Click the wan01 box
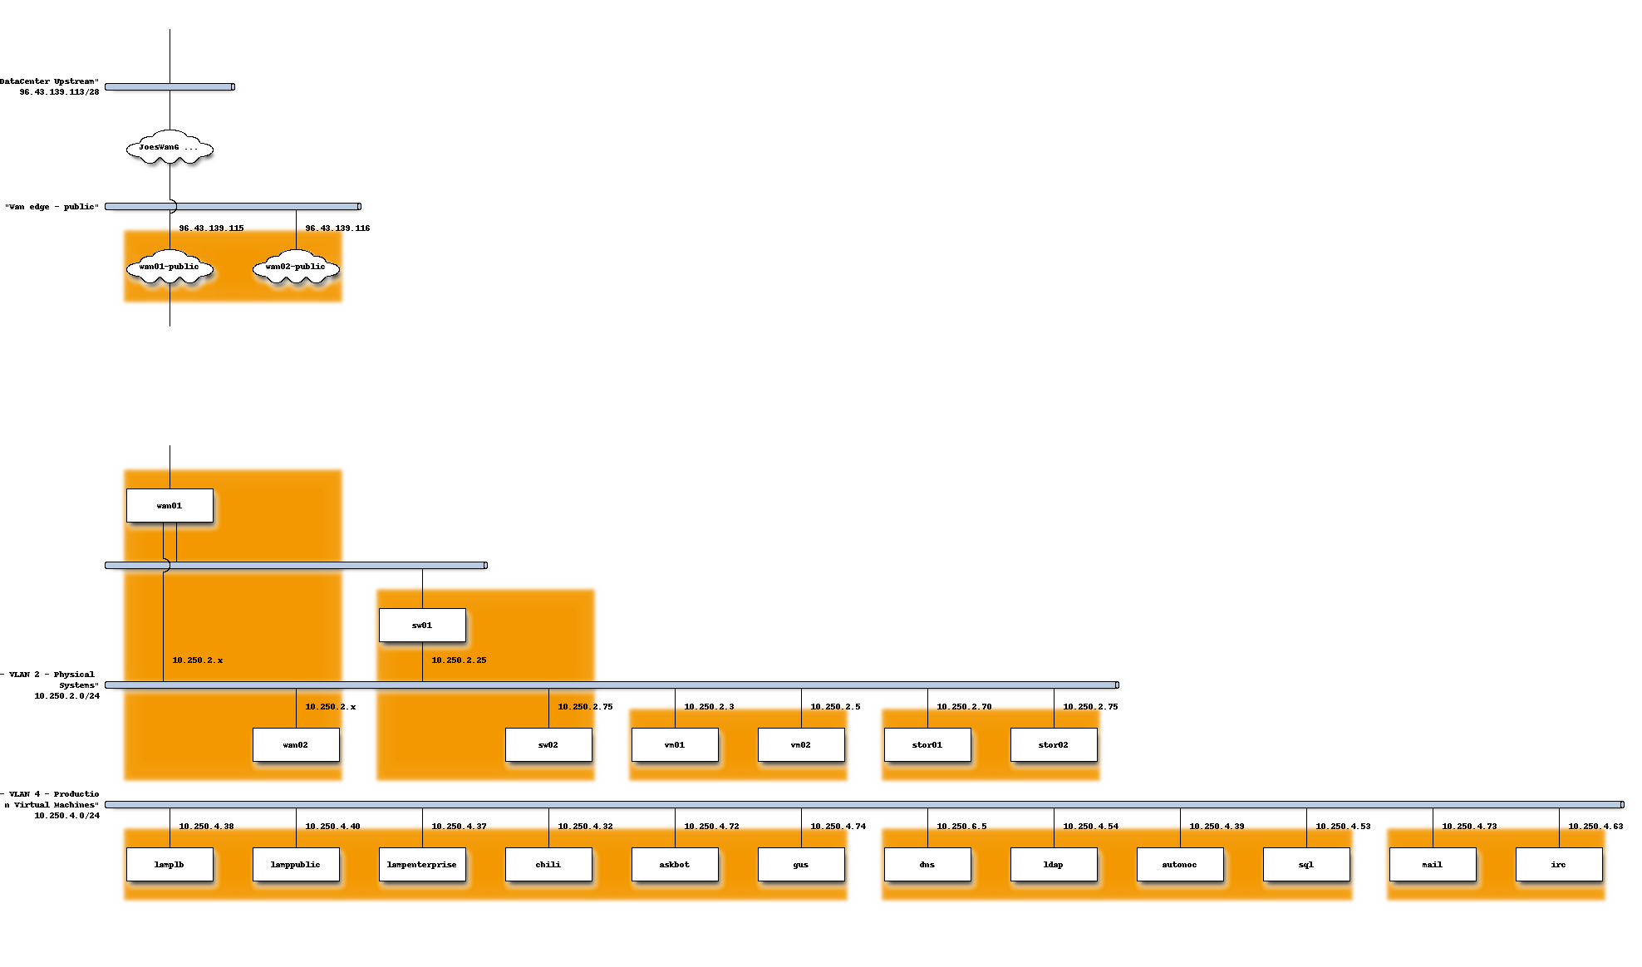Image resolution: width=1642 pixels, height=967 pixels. point(170,505)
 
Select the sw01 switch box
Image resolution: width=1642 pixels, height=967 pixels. point(422,625)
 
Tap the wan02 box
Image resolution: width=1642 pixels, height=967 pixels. point(296,744)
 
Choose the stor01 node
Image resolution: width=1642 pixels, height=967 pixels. point(927,744)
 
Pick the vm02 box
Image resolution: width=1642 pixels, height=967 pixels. point(801,744)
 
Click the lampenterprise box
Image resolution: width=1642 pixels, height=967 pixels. point(422,864)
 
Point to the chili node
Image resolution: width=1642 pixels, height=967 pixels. point(548,864)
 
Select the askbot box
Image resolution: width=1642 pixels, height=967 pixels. point(675,864)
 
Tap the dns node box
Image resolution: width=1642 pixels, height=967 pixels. point(927,864)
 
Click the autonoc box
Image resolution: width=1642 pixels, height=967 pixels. point(1180,864)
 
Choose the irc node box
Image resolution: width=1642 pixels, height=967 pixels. point(1559,864)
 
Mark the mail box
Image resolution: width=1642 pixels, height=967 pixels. point(1433,864)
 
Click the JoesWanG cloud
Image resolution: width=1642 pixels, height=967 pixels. point(170,148)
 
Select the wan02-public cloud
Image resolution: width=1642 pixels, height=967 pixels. point(296,268)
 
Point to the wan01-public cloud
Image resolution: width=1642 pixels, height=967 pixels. point(170,268)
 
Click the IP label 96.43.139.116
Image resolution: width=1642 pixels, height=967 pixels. point(337,228)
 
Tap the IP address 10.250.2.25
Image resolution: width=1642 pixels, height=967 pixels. point(459,660)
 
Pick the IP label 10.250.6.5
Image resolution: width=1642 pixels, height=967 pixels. point(961,827)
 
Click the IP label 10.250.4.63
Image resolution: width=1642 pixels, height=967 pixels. point(1595,827)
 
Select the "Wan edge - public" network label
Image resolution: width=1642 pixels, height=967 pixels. point(52,207)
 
